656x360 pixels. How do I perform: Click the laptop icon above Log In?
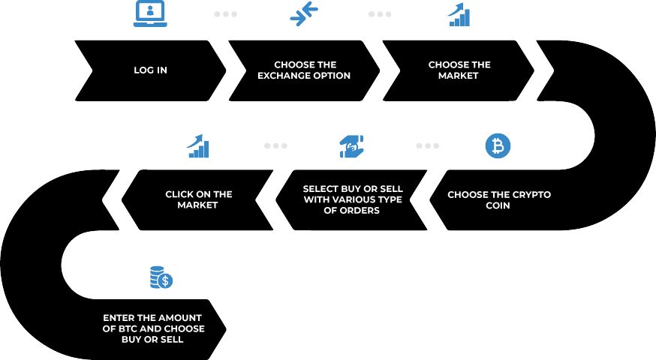click(150, 13)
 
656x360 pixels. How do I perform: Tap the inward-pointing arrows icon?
click(304, 13)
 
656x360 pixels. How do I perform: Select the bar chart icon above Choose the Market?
click(459, 15)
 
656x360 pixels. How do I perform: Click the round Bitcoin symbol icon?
click(498, 146)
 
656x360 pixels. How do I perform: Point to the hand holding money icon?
click(351, 146)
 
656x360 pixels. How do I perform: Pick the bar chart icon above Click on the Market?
click(198, 146)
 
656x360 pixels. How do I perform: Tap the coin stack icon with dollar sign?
click(161, 277)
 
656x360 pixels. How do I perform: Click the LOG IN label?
click(151, 70)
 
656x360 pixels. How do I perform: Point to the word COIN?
click(498, 205)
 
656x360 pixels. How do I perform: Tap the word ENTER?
click(119, 318)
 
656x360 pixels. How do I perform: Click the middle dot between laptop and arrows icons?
click(226, 14)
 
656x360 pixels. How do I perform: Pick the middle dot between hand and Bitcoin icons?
click(428, 146)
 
